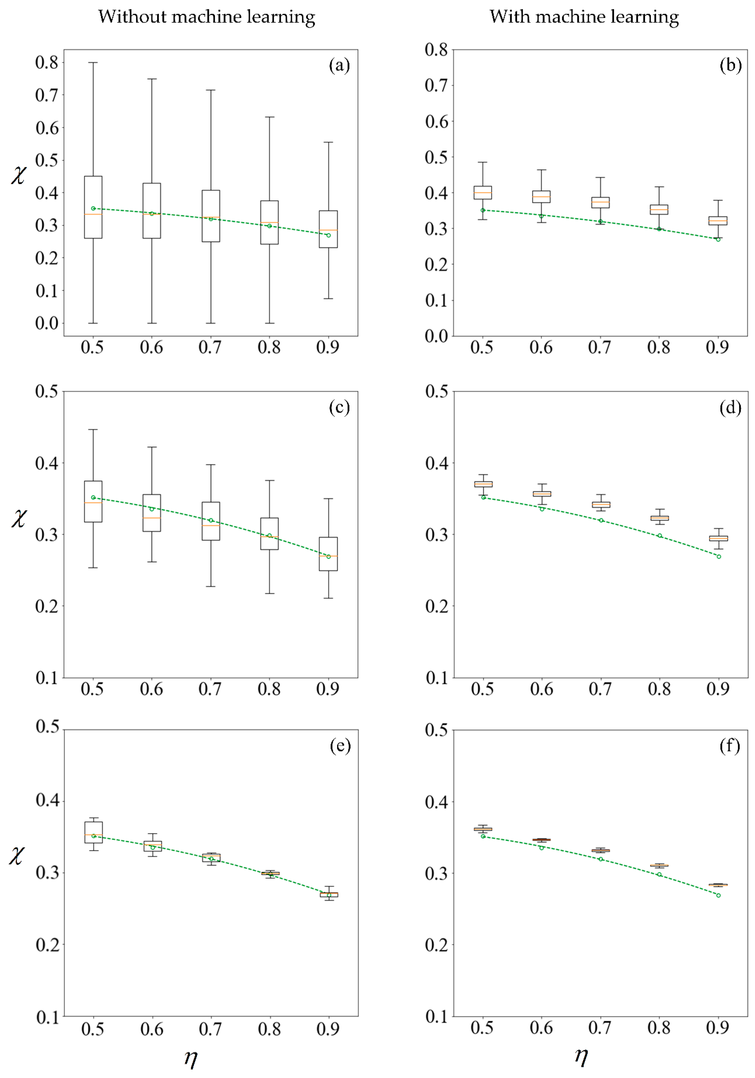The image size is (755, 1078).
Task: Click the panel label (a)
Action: click(339, 65)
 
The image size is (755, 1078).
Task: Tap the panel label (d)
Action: click(730, 408)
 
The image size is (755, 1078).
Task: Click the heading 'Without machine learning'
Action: click(207, 17)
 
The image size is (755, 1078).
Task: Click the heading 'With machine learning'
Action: click(584, 17)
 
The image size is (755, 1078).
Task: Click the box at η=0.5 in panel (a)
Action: click(93, 207)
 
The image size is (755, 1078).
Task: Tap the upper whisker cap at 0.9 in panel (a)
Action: click(328, 142)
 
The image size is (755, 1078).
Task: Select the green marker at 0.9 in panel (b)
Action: click(718, 239)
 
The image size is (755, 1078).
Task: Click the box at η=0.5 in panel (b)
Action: click(483, 193)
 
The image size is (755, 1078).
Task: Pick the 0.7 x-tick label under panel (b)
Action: click(600, 348)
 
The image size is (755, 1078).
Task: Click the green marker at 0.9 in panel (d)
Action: click(719, 556)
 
